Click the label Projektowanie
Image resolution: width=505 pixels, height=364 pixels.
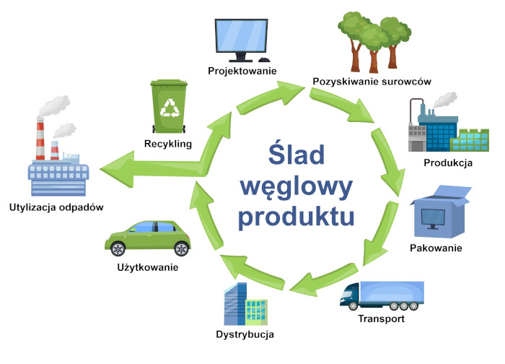tap(242, 71)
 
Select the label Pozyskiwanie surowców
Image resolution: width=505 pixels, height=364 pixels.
tap(372, 82)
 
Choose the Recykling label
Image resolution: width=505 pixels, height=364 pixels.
tap(167, 144)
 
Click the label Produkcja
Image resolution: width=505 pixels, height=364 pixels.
tap(448, 162)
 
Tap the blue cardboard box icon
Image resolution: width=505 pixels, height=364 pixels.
tap(440, 213)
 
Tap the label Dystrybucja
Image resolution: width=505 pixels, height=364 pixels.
tap(245, 334)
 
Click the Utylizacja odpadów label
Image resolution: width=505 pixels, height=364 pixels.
tap(57, 207)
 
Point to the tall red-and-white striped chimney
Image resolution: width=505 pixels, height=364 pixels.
tap(38, 141)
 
